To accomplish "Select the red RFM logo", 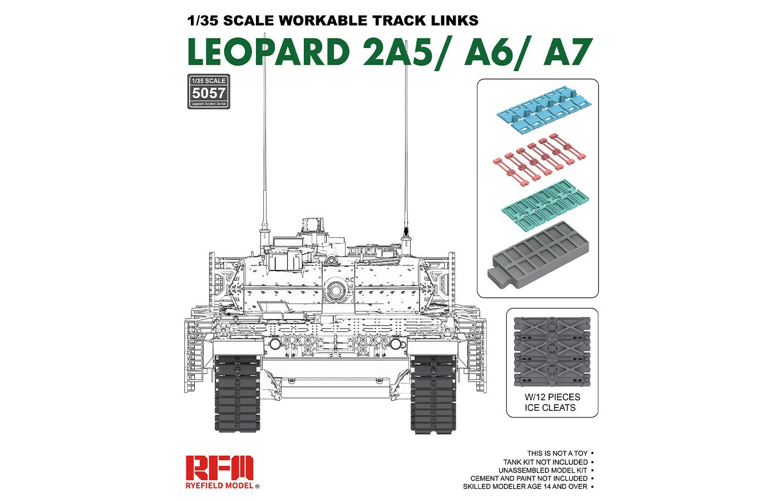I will (220, 468).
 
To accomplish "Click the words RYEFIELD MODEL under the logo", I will (220, 486).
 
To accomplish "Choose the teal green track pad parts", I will (545, 203).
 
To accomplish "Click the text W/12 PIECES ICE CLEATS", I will (551, 402).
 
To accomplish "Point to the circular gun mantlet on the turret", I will (335, 289).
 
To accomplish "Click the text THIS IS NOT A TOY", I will (557, 454).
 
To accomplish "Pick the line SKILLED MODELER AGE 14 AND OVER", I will (525, 487).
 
